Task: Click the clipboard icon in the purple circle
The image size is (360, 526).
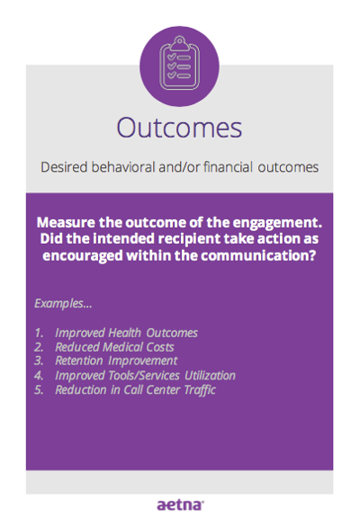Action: (x=180, y=63)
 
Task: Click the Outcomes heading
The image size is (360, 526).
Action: (x=179, y=129)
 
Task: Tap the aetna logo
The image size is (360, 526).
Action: (x=180, y=504)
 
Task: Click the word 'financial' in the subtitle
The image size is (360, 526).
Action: (x=228, y=167)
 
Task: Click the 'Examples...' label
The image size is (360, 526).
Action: (x=63, y=304)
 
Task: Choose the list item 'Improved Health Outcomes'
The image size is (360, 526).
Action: (x=126, y=333)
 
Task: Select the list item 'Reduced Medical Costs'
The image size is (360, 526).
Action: (x=114, y=347)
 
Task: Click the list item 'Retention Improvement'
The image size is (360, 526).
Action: (x=116, y=361)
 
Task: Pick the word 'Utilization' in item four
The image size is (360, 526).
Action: (x=211, y=375)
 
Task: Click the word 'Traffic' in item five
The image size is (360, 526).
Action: (x=200, y=390)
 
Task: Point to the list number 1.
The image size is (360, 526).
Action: (x=39, y=333)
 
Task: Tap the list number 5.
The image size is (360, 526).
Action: (x=39, y=390)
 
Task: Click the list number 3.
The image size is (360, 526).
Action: (x=39, y=361)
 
